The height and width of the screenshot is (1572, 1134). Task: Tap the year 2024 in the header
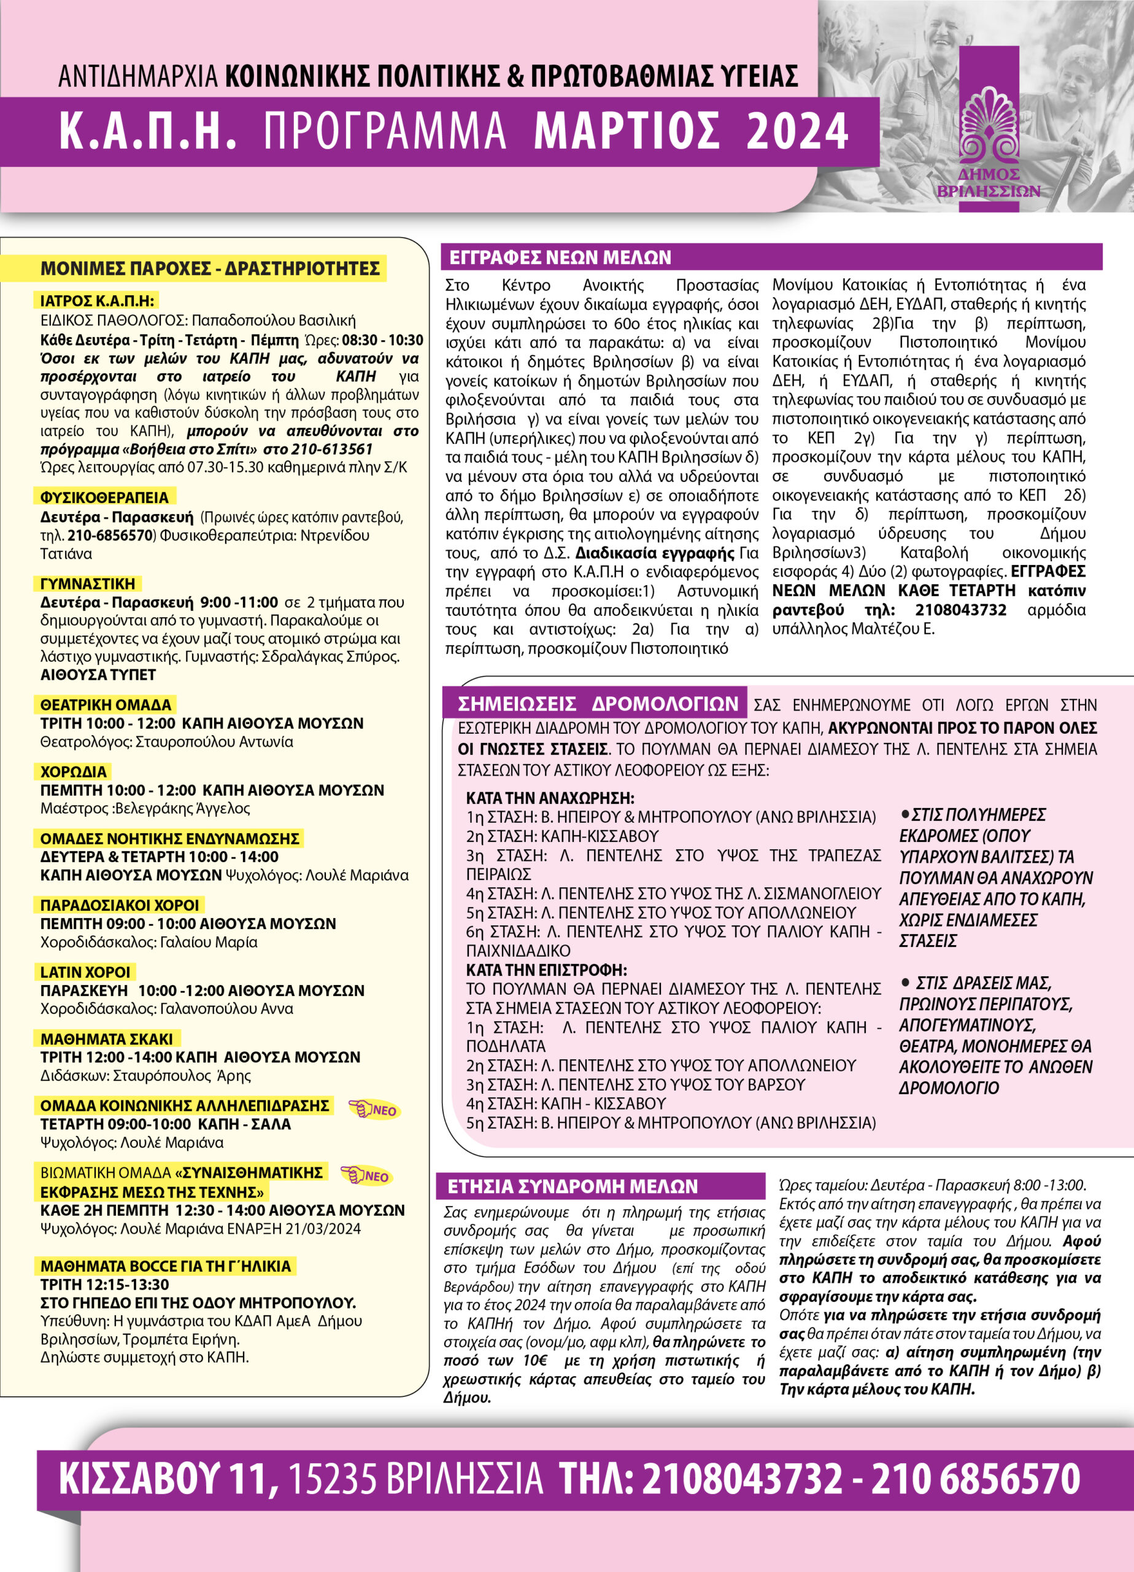(797, 131)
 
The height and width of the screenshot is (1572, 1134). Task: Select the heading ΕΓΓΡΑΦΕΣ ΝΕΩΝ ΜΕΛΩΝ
(560, 258)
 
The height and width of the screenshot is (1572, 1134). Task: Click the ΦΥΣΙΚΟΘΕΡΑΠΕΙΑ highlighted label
(104, 497)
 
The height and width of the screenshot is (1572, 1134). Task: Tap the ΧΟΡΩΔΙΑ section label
(74, 771)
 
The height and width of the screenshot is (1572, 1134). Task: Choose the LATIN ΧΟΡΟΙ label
(85, 972)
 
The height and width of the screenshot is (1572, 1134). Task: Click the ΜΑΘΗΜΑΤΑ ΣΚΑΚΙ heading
(107, 1039)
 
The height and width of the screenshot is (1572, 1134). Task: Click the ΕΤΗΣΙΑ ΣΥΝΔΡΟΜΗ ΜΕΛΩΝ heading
(572, 1186)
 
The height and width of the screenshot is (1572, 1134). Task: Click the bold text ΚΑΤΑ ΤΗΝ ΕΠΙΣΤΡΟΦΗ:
(546, 970)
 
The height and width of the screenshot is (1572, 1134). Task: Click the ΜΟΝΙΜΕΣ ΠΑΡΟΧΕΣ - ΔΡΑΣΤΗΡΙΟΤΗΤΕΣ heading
(210, 268)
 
